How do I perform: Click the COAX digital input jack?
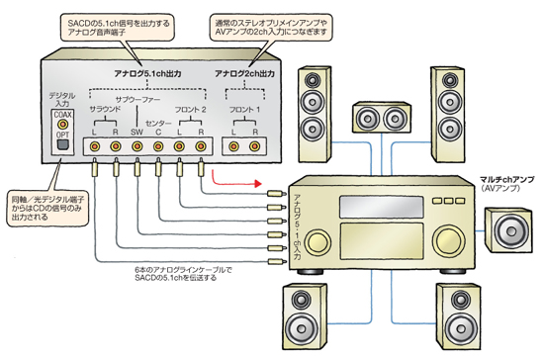tap(62, 124)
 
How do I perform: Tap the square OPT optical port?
tap(62, 144)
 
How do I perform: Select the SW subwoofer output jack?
tap(137, 146)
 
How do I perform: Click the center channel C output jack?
tap(158, 146)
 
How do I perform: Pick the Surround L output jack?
tap(94, 146)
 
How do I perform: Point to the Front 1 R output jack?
tap(255, 146)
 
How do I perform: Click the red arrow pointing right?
tap(236, 178)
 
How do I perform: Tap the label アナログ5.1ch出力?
tap(147, 73)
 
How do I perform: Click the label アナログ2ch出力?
tap(244, 73)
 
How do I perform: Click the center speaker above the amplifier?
tap(382, 118)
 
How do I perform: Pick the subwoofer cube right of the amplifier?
tap(508, 230)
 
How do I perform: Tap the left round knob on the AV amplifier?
tap(317, 240)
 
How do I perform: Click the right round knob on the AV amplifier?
tap(449, 240)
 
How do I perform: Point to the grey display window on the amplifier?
tap(381, 207)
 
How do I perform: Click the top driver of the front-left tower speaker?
tap(313, 80)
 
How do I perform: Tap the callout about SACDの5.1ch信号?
tap(118, 28)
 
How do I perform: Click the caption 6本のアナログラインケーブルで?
tap(183, 269)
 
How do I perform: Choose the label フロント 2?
tap(190, 110)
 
